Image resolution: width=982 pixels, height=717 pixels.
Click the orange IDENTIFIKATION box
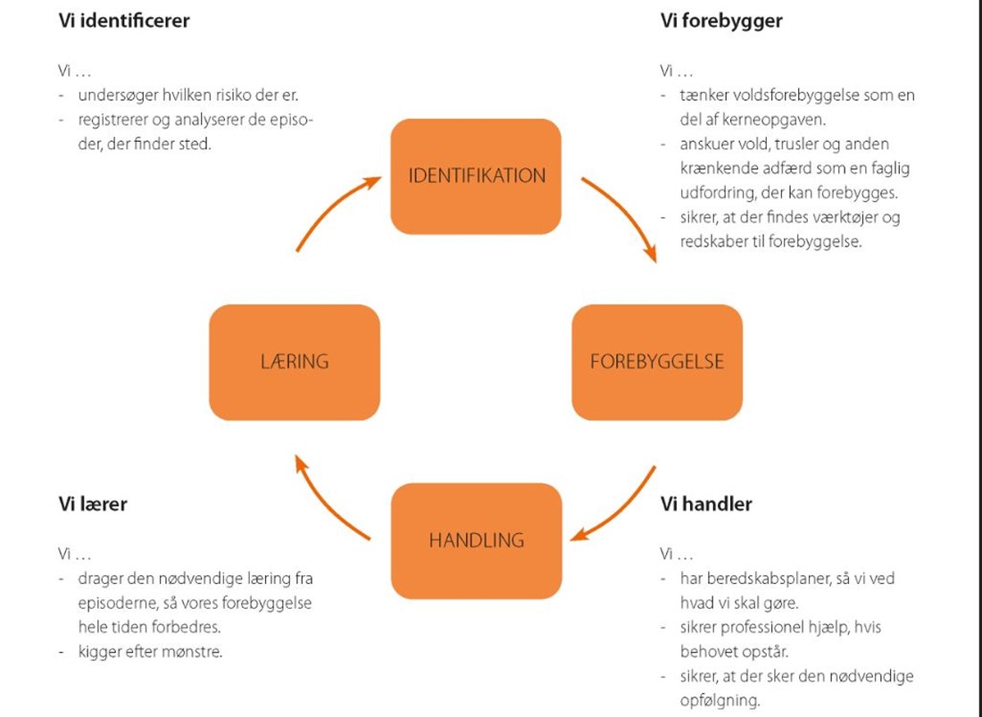[476, 176]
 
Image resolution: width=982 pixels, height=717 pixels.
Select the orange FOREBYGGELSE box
[657, 362]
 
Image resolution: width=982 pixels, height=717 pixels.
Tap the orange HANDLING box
[476, 540]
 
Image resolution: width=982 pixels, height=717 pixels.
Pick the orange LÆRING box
[294, 362]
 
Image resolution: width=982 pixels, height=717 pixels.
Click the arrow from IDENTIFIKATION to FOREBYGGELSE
[626, 215]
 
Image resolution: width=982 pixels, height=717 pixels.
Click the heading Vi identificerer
[124, 21]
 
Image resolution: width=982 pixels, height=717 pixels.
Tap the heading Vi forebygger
[721, 21]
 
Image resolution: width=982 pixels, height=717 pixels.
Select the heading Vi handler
[706, 504]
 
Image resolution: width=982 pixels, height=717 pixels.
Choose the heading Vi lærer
[93, 504]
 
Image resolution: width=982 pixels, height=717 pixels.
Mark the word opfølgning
[720, 700]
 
